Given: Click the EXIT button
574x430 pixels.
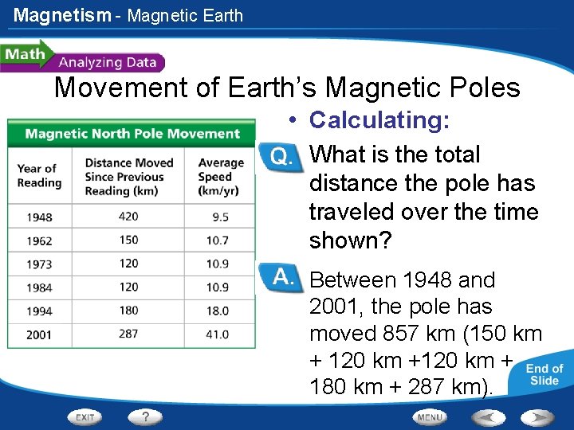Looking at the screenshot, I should tap(85, 416).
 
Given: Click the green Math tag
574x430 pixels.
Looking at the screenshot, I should tap(25, 55).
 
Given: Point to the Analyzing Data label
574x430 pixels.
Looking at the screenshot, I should tap(109, 62).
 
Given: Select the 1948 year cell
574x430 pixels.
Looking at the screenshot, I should tap(39, 217).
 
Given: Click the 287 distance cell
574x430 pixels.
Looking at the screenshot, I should tap(128, 334).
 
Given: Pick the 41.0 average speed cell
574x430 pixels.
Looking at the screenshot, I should tap(217, 334).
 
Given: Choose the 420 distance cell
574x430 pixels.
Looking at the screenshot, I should tap(128, 217).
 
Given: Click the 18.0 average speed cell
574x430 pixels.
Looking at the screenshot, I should tap(217, 311).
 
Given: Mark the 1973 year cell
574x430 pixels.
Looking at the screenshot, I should tap(39, 264).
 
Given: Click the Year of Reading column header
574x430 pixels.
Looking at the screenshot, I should tap(39, 175).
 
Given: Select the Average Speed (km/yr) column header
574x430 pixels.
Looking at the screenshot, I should tap(217, 176).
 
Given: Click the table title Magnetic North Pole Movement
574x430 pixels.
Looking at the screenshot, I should tap(132, 133).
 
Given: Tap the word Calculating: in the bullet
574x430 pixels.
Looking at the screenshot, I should tap(379, 120).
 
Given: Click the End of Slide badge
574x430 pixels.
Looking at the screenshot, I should tap(545, 374).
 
